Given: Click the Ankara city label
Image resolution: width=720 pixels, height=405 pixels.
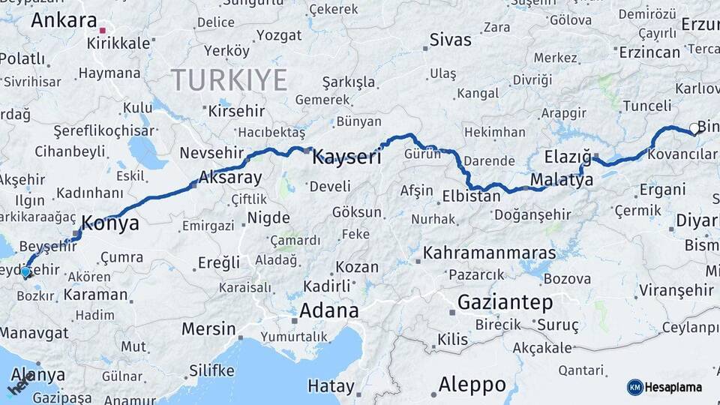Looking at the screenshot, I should [64, 19].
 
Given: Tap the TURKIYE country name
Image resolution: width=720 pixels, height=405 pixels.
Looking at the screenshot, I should [229, 79].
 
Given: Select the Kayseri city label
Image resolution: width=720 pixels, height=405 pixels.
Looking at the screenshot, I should [346, 157].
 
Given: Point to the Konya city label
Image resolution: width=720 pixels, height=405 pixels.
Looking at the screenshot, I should [109, 223].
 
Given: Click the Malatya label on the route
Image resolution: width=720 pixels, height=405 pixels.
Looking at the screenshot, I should [561, 180].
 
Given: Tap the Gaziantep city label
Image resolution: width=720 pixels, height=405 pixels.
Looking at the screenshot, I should [505, 302].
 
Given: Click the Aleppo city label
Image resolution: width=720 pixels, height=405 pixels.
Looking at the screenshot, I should [472, 385].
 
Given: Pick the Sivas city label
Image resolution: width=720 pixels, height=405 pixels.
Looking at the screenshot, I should [451, 40].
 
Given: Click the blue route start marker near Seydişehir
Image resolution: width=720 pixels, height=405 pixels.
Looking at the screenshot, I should [26, 272].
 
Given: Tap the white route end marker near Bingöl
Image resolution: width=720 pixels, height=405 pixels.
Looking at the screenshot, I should [694, 128].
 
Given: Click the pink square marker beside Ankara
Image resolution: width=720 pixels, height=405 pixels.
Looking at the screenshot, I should [103, 31].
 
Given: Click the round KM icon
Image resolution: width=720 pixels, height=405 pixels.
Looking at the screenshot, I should [634, 387].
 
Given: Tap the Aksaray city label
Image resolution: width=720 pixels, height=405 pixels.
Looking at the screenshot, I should [230, 178].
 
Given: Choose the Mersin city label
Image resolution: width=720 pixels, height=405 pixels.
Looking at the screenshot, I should [209, 328].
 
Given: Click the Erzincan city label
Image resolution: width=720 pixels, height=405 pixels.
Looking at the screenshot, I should [649, 52].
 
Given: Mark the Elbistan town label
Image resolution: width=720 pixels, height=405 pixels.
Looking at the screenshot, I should [471, 197].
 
